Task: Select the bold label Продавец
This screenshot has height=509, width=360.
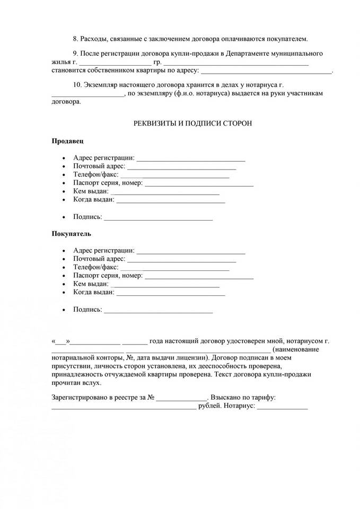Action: (x=67, y=142)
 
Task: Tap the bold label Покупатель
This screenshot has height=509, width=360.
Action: (x=71, y=233)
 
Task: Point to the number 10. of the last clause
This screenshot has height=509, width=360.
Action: (x=77, y=85)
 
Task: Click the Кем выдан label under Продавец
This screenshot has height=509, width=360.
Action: (x=91, y=191)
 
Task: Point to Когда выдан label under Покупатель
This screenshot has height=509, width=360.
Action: (x=93, y=292)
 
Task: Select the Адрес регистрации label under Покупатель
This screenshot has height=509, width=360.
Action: (x=103, y=250)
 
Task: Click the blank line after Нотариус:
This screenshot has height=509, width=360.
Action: (x=282, y=408)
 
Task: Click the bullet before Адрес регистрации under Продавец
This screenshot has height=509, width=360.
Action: (x=64, y=159)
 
